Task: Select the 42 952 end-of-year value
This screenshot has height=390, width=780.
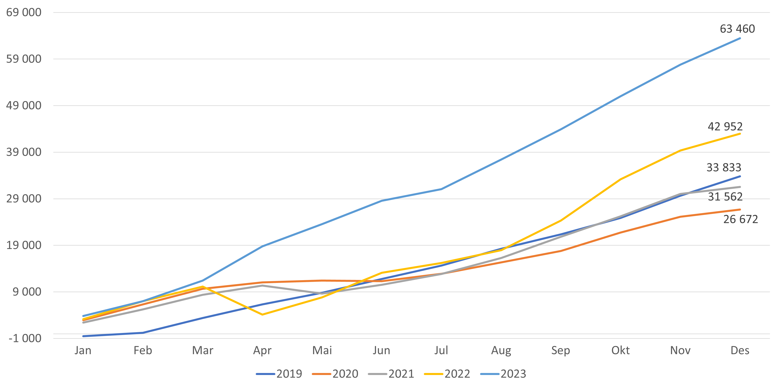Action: pyautogui.click(x=725, y=127)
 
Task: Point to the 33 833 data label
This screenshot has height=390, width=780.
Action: pyautogui.click(x=724, y=167)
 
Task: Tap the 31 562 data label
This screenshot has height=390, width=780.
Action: pyautogui.click(x=725, y=197)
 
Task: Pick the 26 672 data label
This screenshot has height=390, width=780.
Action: pyautogui.click(x=740, y=219)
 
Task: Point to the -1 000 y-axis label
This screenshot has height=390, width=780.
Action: pyautogui.click(x=25, y=338)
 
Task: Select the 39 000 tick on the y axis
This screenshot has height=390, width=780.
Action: pyautogui.click(x=24, y=152)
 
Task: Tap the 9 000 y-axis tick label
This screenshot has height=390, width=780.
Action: pyautogui.click(x=27, y=292)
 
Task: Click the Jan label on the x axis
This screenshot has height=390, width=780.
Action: pyautogui.click(x=83, y=351)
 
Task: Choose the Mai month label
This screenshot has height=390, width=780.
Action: pyautogui.click(x=322, y=351)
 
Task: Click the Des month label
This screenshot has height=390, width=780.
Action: pyautogui.click(x=740, y=351)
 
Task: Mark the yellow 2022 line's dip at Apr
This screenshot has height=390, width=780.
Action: pyautogui.click(x=262, y=315)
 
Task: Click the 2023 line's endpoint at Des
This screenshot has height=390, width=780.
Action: pyautogui.click(x=740, y=38)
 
